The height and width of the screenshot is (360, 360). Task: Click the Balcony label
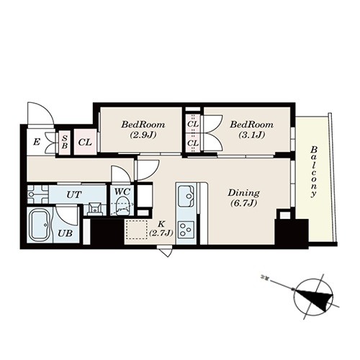[x=314, y=171]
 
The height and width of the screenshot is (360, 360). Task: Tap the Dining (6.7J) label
[x=243, y=198]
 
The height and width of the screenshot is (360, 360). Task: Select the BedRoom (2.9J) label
[x=143, y=130]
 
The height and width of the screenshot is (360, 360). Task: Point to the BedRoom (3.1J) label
[x=251, y=130]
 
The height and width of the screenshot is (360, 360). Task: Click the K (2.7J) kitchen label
[x=161, y=228]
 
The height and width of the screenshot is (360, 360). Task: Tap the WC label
[x=122, y=192]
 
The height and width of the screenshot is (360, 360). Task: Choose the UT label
[x=74, y=194]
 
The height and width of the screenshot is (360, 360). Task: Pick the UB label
[x=65, y=233]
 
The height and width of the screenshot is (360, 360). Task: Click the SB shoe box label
[x=65, y=142]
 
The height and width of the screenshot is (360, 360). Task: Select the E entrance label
[x=36, y=142]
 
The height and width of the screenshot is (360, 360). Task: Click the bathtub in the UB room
[x=40, y=225]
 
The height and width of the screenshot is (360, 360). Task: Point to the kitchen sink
[x=186, y=196]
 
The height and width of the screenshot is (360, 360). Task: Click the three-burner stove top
[x=186, y=229]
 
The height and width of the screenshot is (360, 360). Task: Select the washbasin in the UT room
[x=95, y=208]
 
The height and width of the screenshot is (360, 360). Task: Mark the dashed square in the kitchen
[x=136, y=229]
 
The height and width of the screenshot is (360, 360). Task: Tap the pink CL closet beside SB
[x=85, y=142]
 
